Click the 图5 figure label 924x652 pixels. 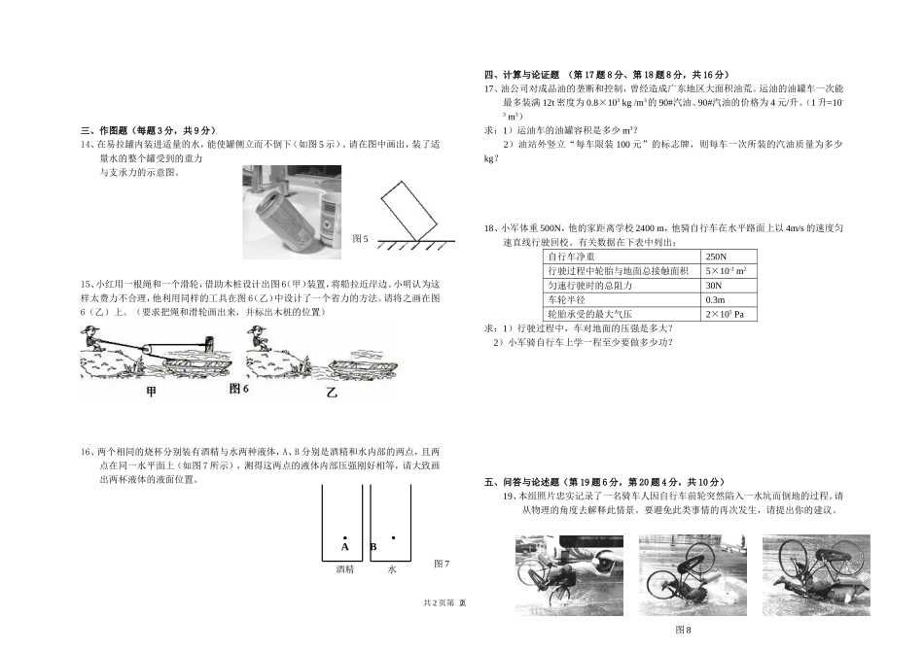pyautogui.click(x=360, y=238)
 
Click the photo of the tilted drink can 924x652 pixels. pyautogui.click(x=291, y=213)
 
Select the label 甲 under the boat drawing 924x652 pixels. pyautogui.click(x=150, y=392)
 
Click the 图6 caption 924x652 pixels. pyautogui.click(x=239, y=389)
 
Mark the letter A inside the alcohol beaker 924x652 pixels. pyautogui.click(x=345, y=547)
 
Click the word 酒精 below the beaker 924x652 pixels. pyautogui.click(x=344, y=569)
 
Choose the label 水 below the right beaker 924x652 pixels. pyautogui.click(x=392, y=569)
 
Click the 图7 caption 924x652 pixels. pyautogui.click(x=442, y=564)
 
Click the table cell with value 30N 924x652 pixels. pyautogui.click(x=715, y=285)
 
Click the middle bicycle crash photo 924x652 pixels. pyautogui.click(x=692, y=574)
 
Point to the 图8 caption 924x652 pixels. pyautogui.click(x=683, y=630)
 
